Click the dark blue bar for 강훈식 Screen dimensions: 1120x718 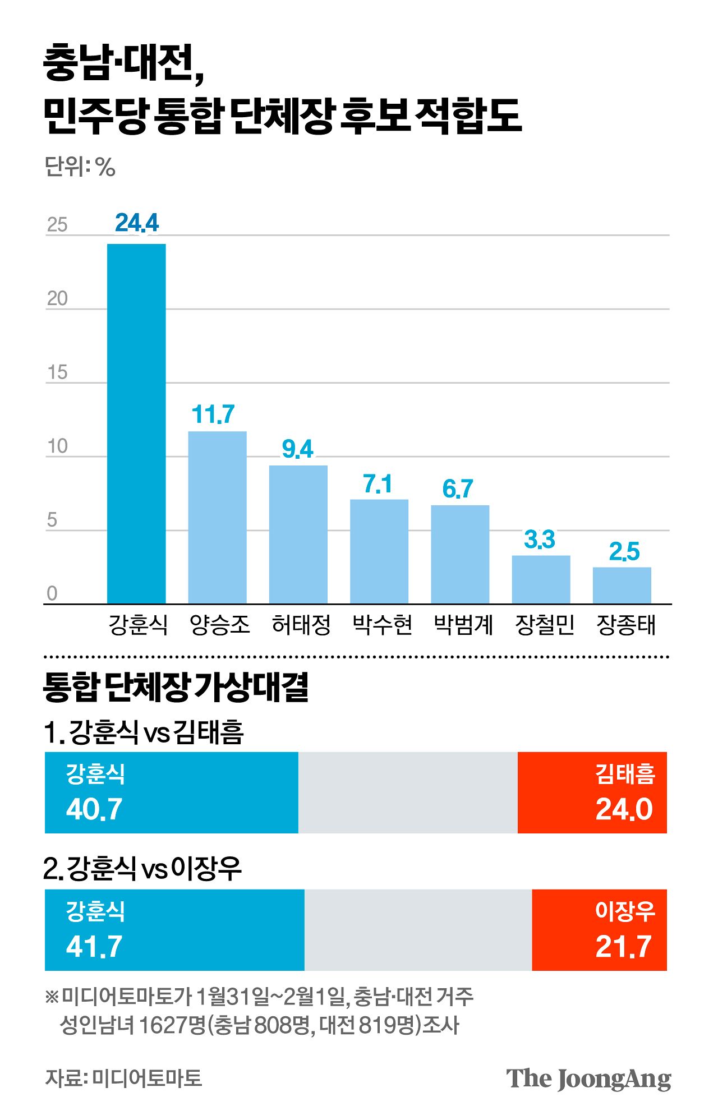(136, 423)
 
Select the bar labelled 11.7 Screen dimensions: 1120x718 (217, 517)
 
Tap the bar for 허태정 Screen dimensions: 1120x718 (298, 534)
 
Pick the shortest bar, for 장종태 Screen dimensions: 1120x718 (622, 585)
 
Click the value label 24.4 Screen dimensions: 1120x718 (137, 223)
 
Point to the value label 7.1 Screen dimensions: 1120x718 (378, 484)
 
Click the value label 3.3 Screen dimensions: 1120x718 (539, 540)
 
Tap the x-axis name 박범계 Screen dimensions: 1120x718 (463, 625)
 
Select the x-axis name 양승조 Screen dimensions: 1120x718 (219, 625)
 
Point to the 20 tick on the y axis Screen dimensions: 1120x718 (57, 298)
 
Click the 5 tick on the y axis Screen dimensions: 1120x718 (52, 520)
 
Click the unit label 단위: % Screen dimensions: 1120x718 (80, 167)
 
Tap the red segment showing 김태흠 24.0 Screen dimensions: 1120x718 (592, 792)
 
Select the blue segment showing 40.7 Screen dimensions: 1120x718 (171, 792)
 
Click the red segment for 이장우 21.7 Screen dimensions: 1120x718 (599, 929)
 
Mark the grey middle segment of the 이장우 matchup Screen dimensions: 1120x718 (418, 929)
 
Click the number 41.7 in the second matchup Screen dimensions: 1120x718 (94, 947)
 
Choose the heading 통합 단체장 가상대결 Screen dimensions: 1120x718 (176, 688)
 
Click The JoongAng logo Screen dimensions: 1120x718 (588, 1078)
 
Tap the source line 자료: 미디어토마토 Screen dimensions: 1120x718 (123, 1078)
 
